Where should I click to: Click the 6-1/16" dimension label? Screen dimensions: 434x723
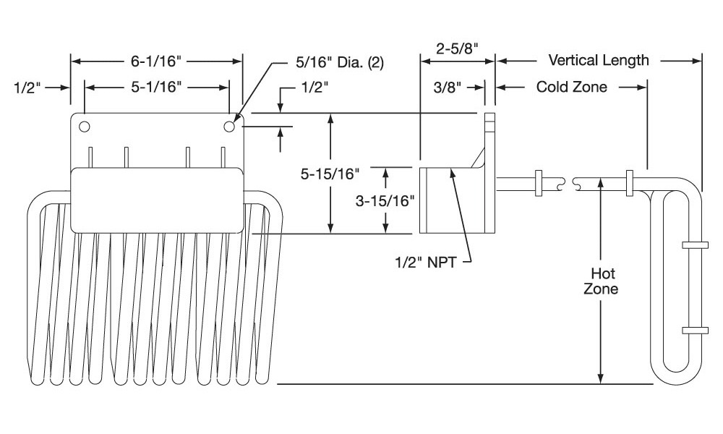tap(156, 61)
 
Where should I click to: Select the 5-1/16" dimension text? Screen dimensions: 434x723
tap(156, 88)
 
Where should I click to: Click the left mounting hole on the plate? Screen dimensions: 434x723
tap(85, 127)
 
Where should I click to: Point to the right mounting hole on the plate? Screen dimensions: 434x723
tap(229, 127)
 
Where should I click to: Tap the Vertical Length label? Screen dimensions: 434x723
tap(599, 60)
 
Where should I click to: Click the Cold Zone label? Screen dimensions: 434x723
tap(571, 88)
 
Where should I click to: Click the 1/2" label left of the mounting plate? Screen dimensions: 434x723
tap(30, 88)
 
